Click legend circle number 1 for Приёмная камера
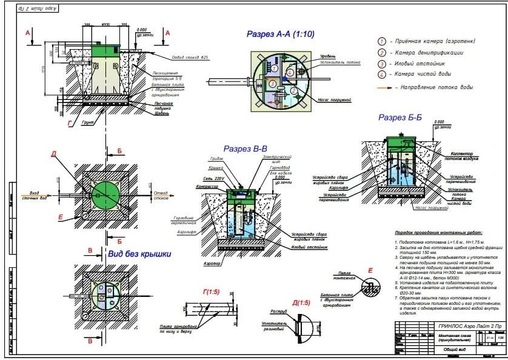pos(382,41)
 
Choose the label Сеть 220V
pos(214,179)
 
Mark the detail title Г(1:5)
pos(212,292)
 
